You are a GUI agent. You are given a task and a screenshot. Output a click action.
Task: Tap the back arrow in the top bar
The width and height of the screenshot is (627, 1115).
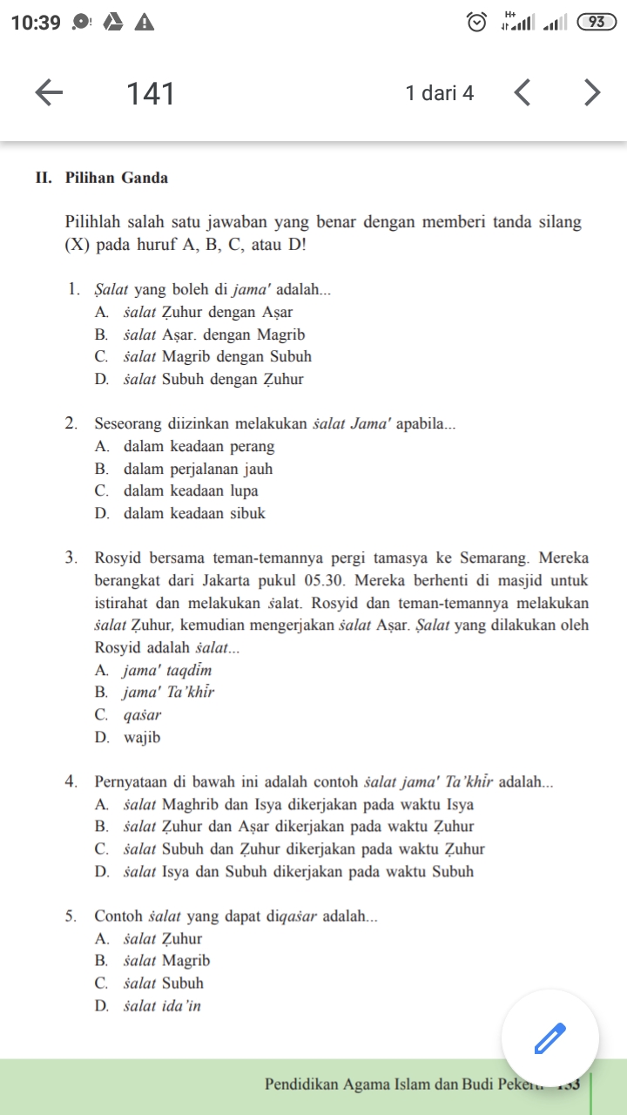point(50,92)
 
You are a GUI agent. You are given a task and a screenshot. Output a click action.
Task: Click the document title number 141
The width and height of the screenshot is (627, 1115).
point(151,93)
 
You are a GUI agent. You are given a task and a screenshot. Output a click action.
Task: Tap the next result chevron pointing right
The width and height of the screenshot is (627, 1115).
point(592,92)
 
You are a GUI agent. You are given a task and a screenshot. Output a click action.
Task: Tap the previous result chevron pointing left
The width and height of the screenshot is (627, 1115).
point(522,92)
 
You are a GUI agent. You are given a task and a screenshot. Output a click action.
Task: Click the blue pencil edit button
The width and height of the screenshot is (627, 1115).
point(549,1037)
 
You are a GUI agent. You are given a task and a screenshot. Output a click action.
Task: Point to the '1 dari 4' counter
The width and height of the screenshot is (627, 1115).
point(440,93)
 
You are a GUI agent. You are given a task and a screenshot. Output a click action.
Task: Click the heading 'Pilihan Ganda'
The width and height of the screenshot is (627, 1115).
point(117,178)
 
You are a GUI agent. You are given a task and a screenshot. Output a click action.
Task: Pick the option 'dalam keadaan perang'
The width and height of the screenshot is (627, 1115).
point(199,447)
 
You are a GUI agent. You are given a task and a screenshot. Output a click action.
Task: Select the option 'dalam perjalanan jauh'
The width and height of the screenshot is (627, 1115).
point(198,469)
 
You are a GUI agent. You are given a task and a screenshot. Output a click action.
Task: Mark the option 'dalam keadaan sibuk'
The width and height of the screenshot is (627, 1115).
point(194,513)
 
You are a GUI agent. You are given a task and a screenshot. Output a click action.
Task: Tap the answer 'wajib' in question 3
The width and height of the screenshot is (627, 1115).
point(142,738)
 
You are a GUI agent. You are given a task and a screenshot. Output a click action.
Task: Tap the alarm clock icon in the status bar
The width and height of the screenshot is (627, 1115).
point(477,23)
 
